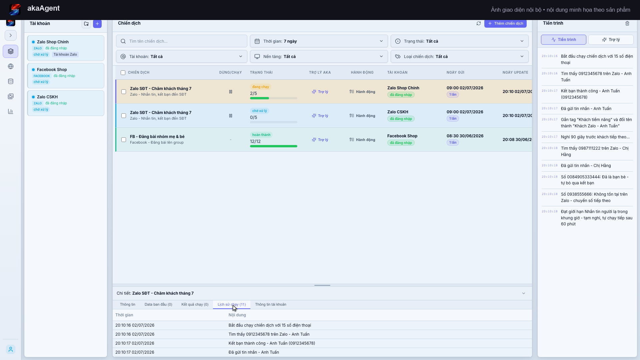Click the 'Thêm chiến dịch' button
(505, 23)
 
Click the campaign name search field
(182, 41)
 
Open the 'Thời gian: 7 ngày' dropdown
(319, 41)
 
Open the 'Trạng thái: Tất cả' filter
(459, 41)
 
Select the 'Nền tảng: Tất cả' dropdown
(319, 56)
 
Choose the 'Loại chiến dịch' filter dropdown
(459, 56)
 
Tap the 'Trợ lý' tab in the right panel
(611, 40)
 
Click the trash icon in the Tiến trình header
(627, 23)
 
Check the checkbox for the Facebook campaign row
(124, 140)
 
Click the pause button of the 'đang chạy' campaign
(231, 92)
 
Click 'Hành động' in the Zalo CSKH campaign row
(362, 116)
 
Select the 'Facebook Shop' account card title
(52, 69)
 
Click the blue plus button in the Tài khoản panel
(97, 24)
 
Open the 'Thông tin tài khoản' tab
(271, 304)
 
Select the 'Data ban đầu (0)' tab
(158, 304)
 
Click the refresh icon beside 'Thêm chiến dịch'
(479, 23)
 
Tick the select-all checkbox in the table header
(123, 73)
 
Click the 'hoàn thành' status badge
(261, 135)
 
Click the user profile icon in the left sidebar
(11, 349)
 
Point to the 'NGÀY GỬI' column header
(455, 72)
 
